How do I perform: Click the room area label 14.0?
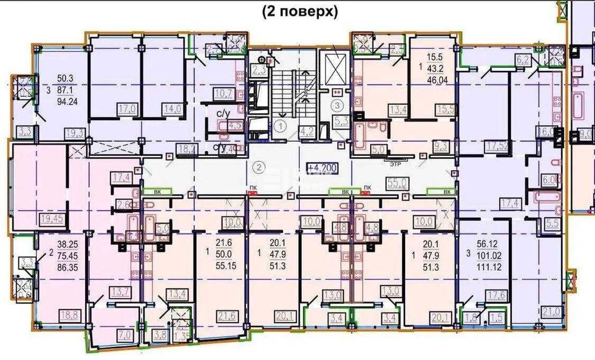click(173, 109)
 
